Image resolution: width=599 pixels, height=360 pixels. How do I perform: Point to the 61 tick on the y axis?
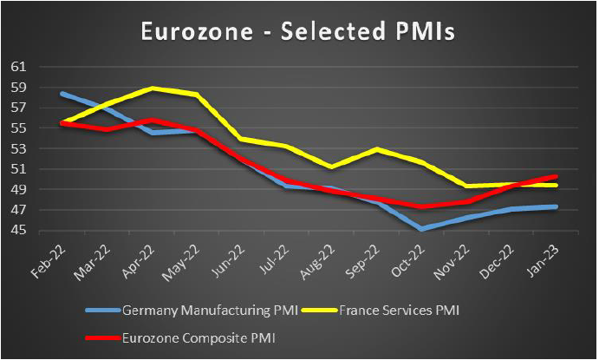[20, 67]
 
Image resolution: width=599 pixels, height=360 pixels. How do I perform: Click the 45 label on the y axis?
[20, 231]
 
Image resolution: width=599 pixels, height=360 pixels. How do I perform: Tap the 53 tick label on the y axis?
[20, 148]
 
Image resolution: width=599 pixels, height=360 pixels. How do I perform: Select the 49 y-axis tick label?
[20, 190]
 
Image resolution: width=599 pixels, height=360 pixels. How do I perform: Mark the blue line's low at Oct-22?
[420, 229]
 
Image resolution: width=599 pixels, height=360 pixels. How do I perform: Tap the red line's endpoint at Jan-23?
[555, 176]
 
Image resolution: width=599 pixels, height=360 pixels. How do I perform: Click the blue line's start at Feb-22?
[62, 93]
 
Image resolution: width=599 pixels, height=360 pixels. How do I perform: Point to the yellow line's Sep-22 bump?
[375, 149]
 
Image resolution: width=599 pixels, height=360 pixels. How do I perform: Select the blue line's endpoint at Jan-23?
[555, 206]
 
